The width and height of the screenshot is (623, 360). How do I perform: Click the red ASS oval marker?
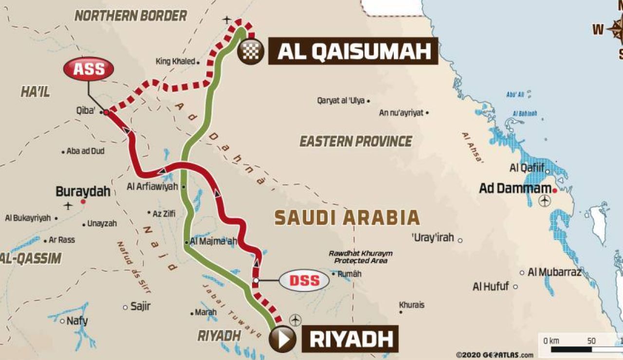click(x=89, y=69)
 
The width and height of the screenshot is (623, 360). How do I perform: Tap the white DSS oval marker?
click(x=304, y=280)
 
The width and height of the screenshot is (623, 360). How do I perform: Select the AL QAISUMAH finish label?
click(x=353, y=51)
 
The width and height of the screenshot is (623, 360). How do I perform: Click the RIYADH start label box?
click(x=350, y=339)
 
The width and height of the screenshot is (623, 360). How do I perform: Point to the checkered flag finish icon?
click(x=251, y=51)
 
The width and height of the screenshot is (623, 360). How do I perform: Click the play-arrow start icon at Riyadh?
click(x=282, y=339)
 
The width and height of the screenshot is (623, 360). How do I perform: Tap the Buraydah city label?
click(x=83, y=191)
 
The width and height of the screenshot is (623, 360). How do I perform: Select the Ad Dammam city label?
click(x=515, y=188)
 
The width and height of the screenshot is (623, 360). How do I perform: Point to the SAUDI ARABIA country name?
click(x=347, y=217)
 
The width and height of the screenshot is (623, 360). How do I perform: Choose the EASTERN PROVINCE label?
click(x=356, y=142)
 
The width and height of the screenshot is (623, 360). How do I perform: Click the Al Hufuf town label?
click(x=491, y=287)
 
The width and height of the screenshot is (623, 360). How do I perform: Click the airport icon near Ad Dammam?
click(x=545, y=200)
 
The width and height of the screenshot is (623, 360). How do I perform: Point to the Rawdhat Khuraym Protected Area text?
click(x=360, y=257)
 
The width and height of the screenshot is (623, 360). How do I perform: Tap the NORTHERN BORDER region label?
click(x=130, y=16)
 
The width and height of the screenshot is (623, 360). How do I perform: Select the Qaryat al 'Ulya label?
click(x=340, y=101)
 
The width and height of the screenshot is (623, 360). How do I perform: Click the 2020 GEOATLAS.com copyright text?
click(x=495, y=355)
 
